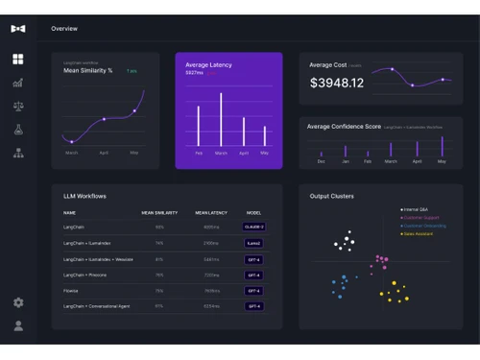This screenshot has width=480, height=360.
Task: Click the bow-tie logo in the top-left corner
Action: (18, 29)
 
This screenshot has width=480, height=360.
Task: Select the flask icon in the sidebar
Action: (18, 130)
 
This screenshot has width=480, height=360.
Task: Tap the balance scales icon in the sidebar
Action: (18, 107)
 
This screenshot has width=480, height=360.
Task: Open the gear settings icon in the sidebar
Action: (18, 302)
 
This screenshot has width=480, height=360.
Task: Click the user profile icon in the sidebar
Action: (18, 325)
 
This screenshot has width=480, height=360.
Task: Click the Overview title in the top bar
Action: (65, 29)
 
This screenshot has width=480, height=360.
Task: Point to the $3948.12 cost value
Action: (337, 84)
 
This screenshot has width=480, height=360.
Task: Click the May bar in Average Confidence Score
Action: (442, 147)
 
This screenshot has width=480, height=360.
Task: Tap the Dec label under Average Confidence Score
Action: (321, 161)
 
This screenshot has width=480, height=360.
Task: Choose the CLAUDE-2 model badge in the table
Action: (253, 227)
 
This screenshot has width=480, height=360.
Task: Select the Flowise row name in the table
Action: (70, 290)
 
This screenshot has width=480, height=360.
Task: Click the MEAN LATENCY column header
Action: (210, 212)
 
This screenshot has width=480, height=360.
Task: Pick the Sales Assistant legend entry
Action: (418, 233)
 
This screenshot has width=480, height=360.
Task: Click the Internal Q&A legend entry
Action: (417, 209)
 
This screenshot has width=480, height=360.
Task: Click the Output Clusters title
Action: (332, 196)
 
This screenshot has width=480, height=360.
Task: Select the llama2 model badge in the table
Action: (253, 243)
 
